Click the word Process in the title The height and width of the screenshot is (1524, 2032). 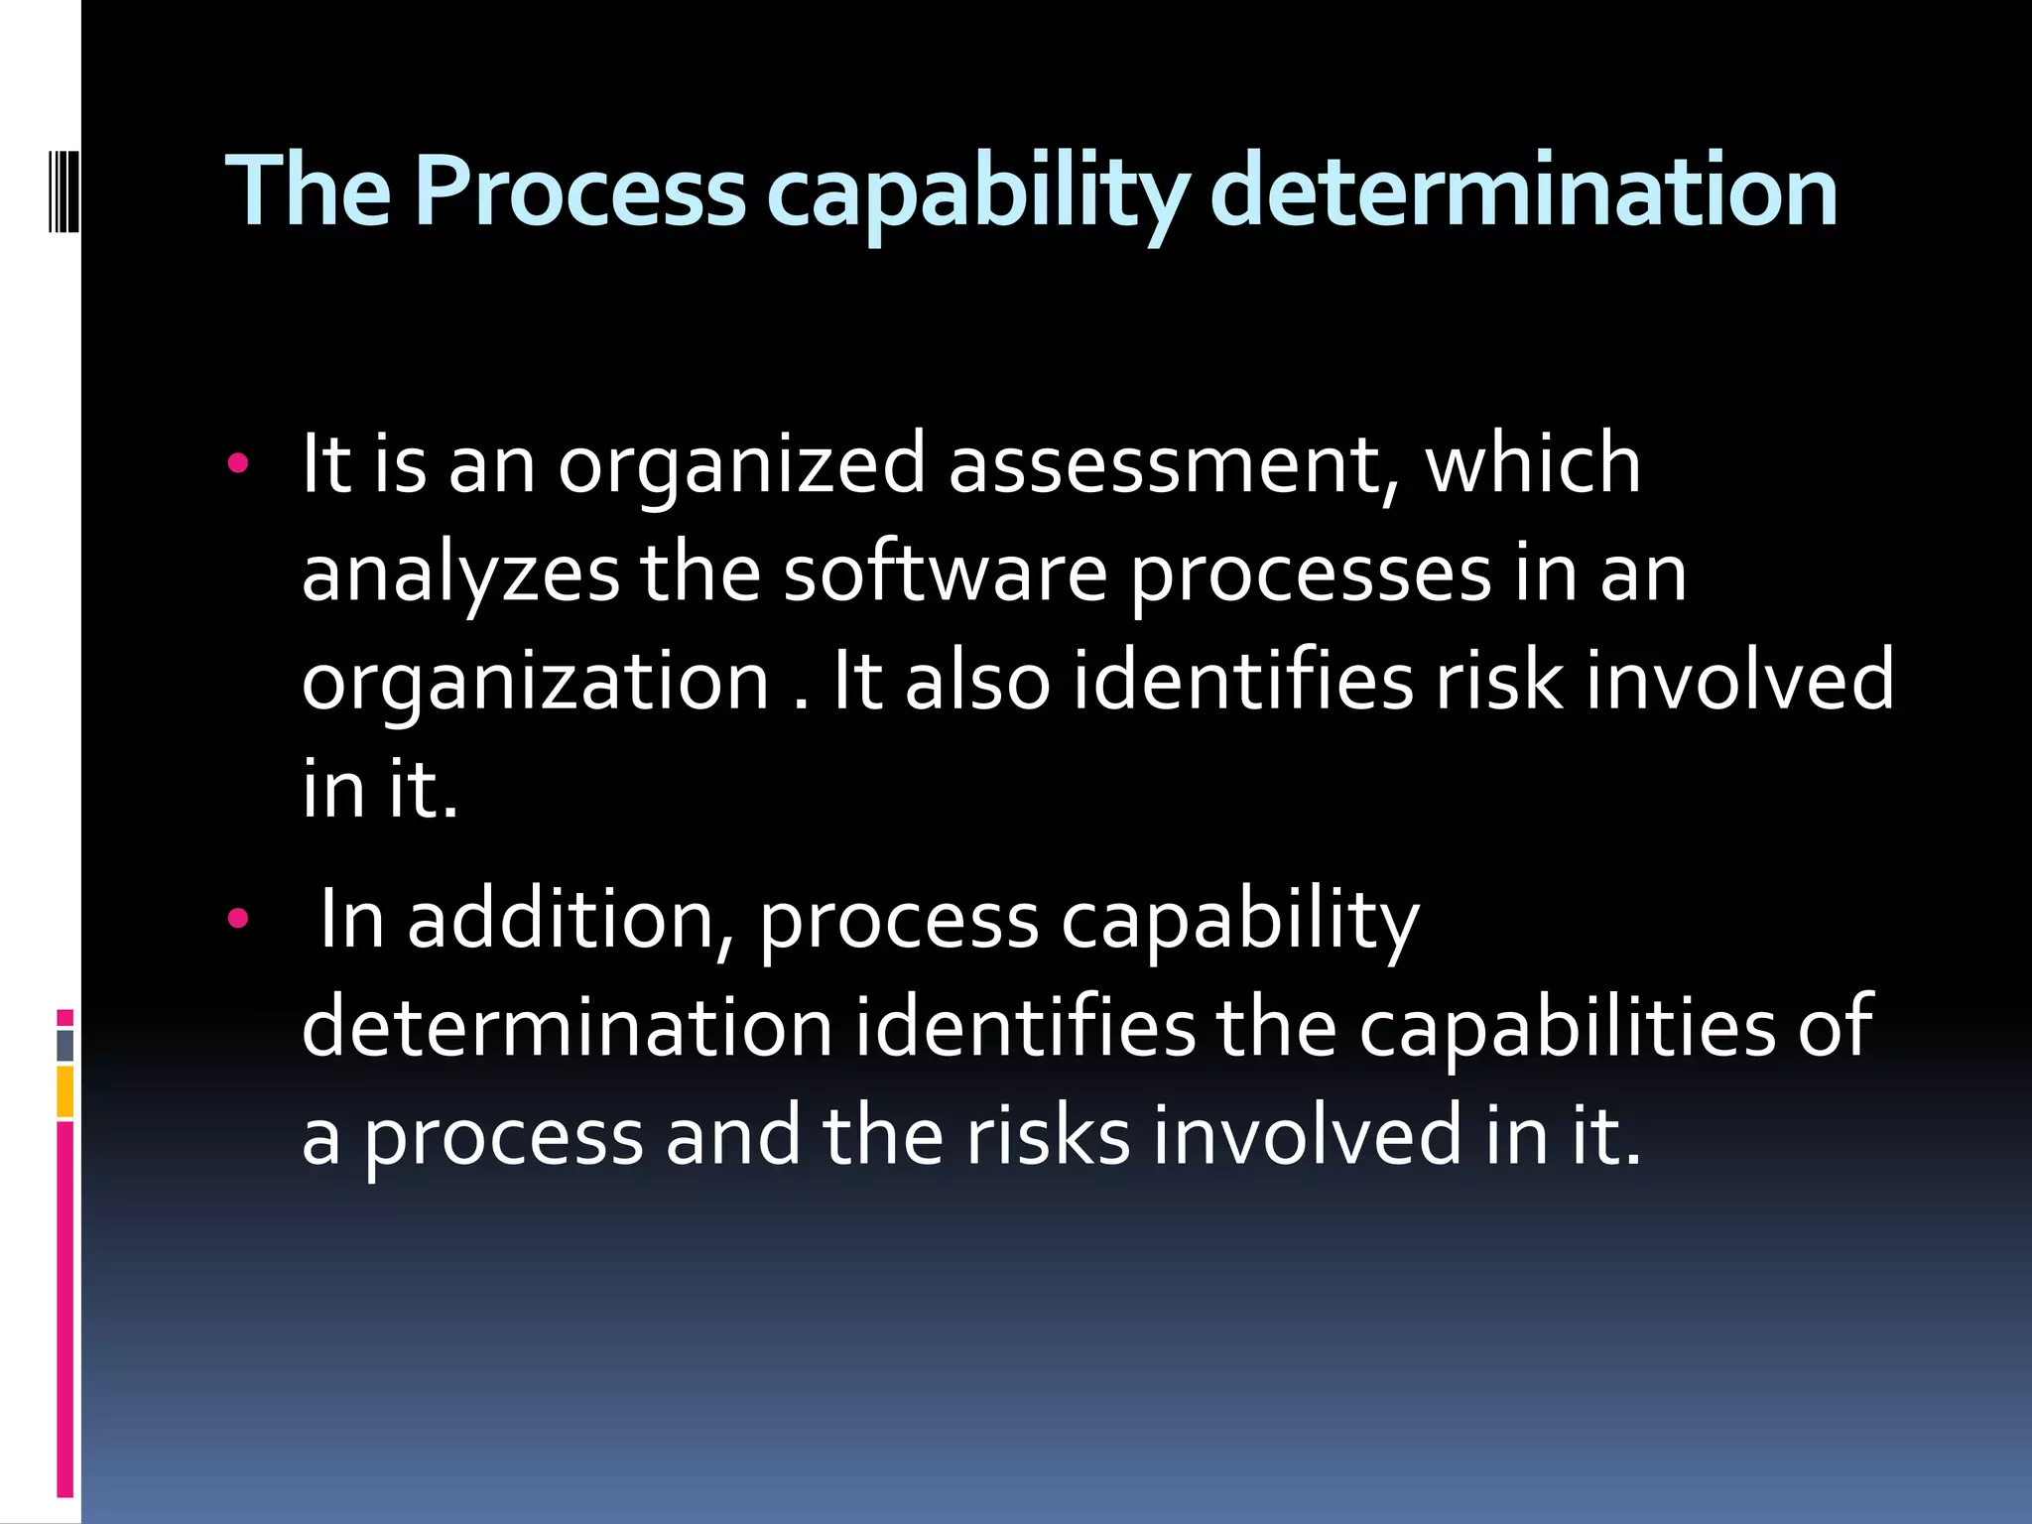[x=579, y=190]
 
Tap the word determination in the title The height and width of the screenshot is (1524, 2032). [x=1524, y=190]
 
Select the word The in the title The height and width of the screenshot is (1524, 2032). [x=309, y=190]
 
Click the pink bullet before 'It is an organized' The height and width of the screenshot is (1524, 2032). [x=237, y=462]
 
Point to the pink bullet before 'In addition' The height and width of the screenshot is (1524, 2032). [x=237, y=919]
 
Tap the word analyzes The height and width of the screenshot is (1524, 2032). [x=460, y=575]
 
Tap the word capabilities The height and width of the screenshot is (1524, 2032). [x=1567, y=1028]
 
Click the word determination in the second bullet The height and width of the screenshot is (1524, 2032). [x=567, y=1028]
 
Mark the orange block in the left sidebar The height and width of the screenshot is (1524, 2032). [x=64, y=1091]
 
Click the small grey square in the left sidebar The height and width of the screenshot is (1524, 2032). [x=65, y=1045]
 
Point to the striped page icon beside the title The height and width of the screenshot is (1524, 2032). [x=63, y=189]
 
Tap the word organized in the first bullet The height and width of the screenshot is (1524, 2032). [x=741, y=466]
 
